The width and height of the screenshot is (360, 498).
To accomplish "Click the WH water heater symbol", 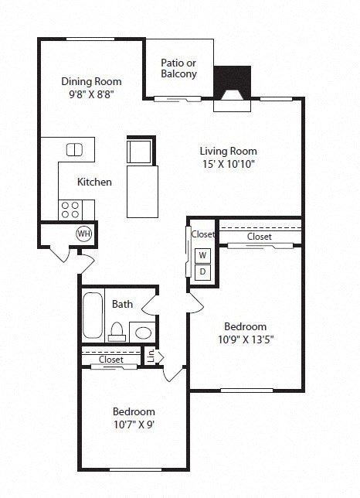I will coord(83,234).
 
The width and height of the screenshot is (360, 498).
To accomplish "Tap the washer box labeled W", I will coord(202,255).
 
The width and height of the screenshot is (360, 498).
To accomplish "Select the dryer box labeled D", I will coord(202,271).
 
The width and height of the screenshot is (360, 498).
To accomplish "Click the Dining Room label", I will coord(91,81).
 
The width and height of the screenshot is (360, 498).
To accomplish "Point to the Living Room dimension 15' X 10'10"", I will coord(228,165).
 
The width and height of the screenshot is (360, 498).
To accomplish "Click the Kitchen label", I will coord(94,182).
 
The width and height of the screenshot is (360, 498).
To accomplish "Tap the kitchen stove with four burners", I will coord(70,209).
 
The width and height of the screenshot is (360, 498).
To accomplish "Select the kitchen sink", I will coord(74,149).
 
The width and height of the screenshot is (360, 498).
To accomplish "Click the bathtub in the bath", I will coord(93,316).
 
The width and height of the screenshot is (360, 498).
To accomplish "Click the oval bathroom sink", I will coord(143,333).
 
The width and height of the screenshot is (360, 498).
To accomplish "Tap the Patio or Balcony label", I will coord(178,69).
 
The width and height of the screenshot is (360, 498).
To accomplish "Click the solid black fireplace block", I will coord(232,78).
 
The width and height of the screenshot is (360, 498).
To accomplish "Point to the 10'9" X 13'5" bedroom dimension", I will coord(245,339).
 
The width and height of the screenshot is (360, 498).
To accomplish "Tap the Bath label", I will coord(122,304).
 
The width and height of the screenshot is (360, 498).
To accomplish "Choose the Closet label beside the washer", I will coord(203,234).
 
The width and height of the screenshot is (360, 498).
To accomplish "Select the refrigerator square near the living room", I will coord(140,151).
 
